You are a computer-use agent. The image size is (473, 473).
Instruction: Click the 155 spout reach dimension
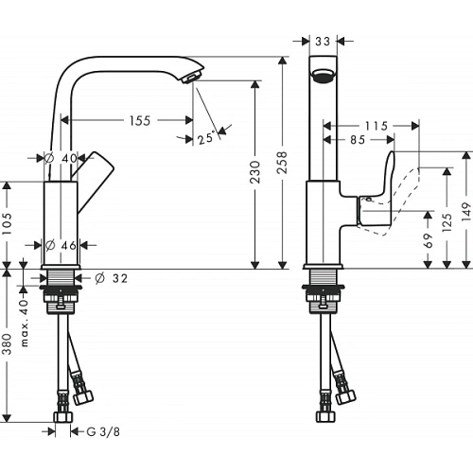140,120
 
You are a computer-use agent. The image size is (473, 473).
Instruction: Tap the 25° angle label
206,137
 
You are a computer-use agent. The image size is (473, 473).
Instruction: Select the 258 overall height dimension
282,162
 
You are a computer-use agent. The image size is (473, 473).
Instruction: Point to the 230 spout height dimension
254,172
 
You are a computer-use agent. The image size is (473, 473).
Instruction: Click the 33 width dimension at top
323,41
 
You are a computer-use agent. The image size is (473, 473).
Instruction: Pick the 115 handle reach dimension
377,126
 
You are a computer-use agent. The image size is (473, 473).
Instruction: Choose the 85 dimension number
358,140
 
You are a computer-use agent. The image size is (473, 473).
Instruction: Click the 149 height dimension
466,211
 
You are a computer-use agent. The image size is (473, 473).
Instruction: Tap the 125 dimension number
447,222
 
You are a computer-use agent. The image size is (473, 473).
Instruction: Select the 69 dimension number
428,240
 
